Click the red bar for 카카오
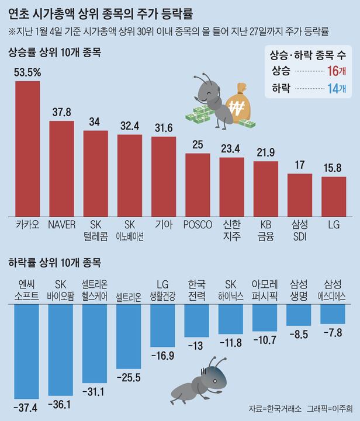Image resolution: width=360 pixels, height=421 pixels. point(27,148)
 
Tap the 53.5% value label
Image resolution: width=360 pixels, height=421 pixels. point(27,72)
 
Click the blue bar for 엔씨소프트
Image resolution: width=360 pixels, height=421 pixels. point(27,350)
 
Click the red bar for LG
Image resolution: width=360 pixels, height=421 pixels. point(334,196)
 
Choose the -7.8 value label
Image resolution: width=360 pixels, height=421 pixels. point(333,333)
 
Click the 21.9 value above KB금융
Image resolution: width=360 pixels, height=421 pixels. point(265,152)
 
